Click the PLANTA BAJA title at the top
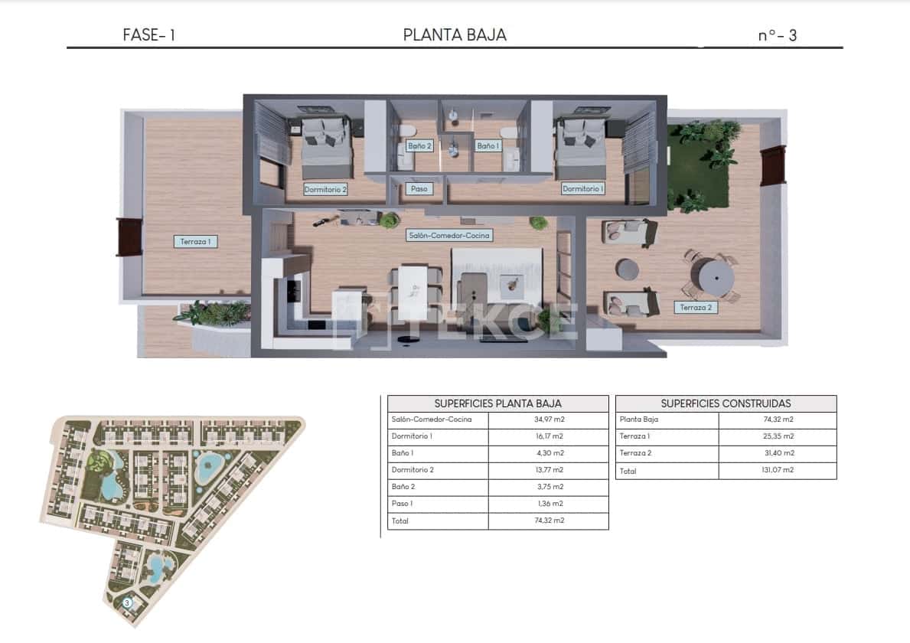455,34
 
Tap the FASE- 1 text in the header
148,34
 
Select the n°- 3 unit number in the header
777,35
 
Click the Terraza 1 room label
195,241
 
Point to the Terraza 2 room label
696,308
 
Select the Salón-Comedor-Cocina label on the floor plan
448,236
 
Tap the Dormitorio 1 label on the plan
582,188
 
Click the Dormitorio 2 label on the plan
325,189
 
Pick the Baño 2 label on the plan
419,145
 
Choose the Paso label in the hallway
419,188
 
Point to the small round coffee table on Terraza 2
628,269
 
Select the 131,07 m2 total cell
778,470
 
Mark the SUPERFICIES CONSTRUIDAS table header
726,403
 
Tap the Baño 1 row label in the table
403,453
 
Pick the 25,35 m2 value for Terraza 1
778,436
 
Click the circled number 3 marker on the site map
128,602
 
